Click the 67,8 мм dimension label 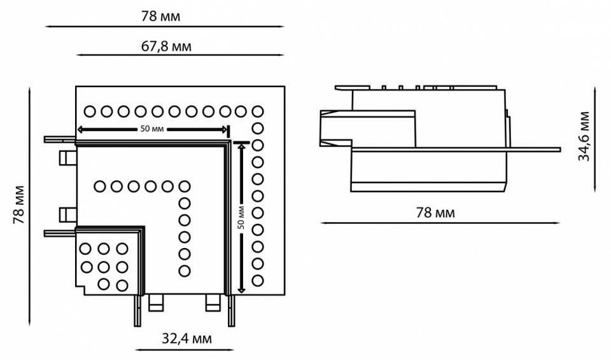(x=165, y=46)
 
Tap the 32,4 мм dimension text (x=186, y=339)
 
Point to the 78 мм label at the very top (x=161, y=17)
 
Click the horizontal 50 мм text (x=152, y=129)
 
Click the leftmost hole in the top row (x=90, y=111)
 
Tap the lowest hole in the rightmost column (x=258, y=280)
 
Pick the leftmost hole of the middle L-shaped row (x=100, y=186)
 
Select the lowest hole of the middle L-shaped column (x=185, y=272)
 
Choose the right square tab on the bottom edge (x=212, y=303)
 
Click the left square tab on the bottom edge (x=155, y=303)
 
